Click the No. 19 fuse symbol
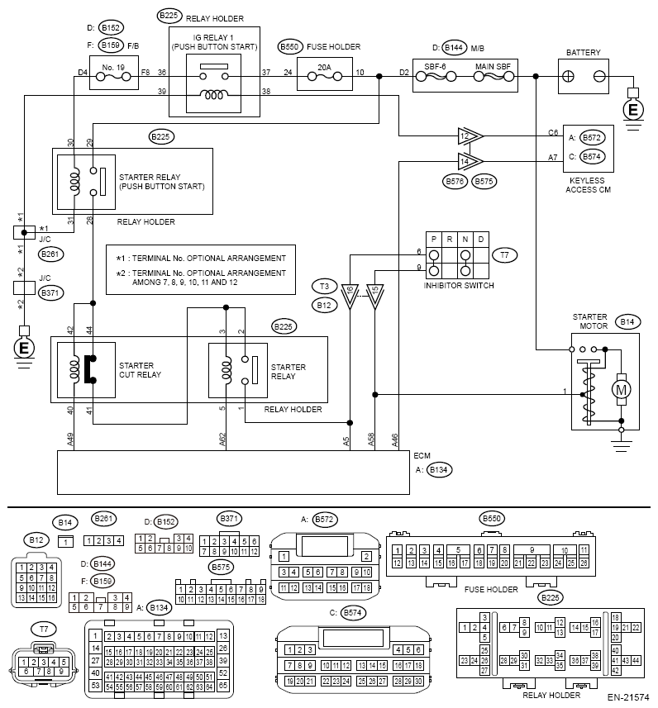114,77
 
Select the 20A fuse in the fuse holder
325,77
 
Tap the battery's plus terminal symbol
568,77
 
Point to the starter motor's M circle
621,390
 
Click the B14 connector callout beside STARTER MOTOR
627,322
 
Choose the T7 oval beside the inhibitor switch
504,255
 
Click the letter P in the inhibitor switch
434,240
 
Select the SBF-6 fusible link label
435,66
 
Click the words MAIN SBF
493,66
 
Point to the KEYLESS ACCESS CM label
588,185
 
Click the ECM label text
422,455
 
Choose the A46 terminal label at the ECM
394,440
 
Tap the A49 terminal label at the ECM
70,440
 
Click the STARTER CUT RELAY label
140,370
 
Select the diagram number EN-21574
628,697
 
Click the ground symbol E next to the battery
633,110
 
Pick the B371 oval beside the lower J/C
50,292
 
